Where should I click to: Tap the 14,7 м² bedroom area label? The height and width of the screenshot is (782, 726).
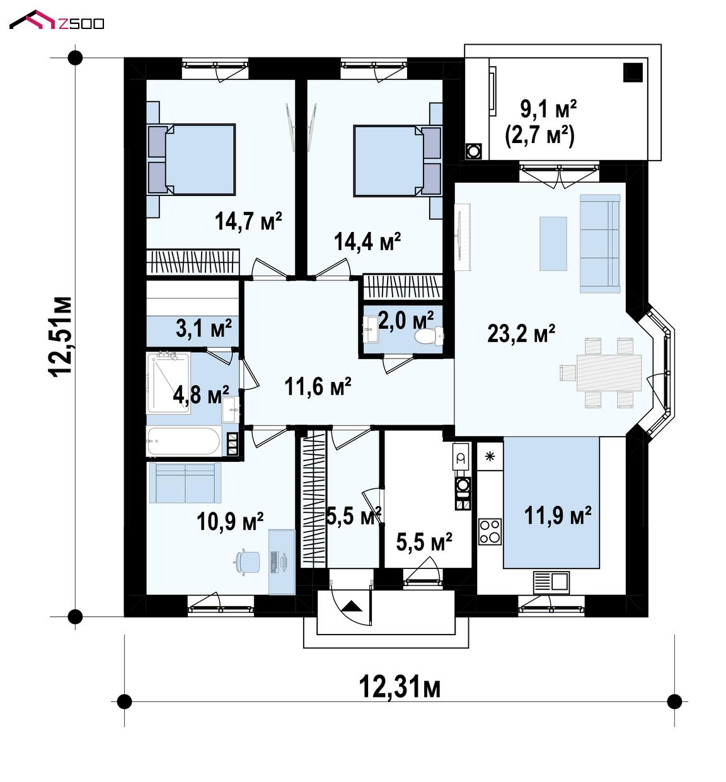click(248, 221)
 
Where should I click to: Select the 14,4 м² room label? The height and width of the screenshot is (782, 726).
click(367, 241)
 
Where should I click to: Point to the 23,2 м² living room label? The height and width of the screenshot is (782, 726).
click(521, 333)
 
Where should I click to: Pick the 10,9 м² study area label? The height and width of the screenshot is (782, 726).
click(230, 522)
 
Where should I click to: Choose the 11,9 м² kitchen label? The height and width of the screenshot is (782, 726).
click(558, 516)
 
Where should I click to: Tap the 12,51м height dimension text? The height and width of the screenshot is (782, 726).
click(60, 337)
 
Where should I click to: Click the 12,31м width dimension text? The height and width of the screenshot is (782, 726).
click(400, 687)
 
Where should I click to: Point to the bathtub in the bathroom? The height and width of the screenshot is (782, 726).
click(183, 441)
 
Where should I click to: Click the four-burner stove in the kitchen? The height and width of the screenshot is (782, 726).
click(490, 532)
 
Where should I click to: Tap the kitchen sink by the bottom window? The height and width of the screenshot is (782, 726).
click(551, 582)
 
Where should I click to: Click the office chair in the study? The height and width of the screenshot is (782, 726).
click(248, 561)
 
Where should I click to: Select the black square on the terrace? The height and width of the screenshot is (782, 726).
click(633, 72)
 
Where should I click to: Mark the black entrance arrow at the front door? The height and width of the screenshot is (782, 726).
click(352, 606)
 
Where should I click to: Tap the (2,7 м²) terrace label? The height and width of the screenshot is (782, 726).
click(539, 135)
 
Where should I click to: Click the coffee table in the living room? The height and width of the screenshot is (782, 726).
click(553, 244)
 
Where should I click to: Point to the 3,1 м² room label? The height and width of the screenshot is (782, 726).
click(204, 328)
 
